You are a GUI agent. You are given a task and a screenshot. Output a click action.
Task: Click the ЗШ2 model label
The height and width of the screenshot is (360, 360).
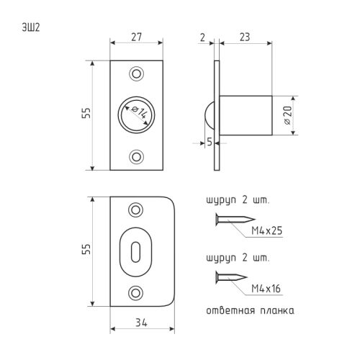point(31,27)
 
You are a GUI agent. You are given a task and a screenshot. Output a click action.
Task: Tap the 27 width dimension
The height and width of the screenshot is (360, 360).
point(136,37)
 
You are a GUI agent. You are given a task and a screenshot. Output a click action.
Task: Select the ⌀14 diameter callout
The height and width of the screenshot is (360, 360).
point(139,112)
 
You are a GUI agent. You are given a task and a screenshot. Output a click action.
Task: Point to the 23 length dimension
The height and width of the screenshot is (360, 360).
point(245,37)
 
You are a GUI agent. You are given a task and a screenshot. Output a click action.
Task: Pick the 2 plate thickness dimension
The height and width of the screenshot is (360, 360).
point(202,37)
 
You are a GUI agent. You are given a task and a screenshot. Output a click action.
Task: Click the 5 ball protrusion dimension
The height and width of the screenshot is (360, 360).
point(210,142)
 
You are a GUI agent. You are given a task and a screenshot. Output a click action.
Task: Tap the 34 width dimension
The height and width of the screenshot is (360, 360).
point(141,323)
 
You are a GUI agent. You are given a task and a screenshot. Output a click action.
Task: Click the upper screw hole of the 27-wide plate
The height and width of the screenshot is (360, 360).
point(137,73)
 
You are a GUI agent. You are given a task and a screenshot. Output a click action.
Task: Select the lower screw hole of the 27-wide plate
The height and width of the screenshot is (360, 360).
point(137,157)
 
